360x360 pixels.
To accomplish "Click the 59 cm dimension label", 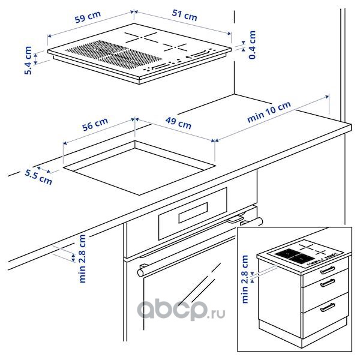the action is pyautogui.click(x=88, y=17).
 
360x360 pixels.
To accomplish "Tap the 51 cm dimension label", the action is pyautogui.click(x=185, y=15).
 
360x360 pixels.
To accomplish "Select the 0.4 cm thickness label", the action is pyautogui.click(x=253, y=45).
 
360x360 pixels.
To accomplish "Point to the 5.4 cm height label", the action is pyautogui.click(x=28, y=61).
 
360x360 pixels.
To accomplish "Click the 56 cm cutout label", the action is pyautogui.click(x=95, y=124).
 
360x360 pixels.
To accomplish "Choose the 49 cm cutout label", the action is pyautogui.click(x=178, y=123).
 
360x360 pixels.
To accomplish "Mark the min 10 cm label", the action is pyautogui.click(x=269, y=112).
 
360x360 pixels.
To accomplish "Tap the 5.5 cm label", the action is pyautogui.click(x=38, y=177).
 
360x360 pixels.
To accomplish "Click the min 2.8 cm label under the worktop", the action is pyautogui.click(x=82, y=259).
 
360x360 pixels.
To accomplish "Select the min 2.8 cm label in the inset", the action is pyautogui.click(x=245, y=279).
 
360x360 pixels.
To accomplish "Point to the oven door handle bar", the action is pyautogui.click(x=200, y=247).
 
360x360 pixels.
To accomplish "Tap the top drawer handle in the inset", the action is pyautogui.click(x=328, y=270).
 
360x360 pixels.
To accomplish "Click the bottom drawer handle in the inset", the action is pyautogui.click(x=328, y=307).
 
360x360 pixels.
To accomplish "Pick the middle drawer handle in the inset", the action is pyautogui.click(x=328, y=283).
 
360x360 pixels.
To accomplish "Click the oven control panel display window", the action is pyautogui.click(x=193, y=212).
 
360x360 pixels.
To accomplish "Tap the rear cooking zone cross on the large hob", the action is pyautogui.click(x=141, y=37).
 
